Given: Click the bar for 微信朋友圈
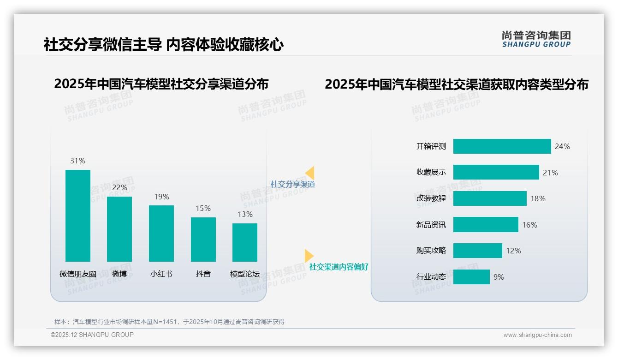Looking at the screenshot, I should click(78, 216).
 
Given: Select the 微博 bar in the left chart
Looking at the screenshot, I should click(119, 229).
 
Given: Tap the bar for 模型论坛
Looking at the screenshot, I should click(245, 242).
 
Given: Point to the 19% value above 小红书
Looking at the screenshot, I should click(161, 197).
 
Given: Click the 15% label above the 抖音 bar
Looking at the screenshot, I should click(203, 208).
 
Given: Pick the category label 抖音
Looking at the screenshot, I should click(203, 274).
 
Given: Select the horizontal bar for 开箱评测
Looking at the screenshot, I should click(502, 146).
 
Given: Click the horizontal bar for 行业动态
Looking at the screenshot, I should click(471, 277).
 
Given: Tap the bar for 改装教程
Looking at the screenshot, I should click(490, 198).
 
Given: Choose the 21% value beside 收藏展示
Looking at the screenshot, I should click(550, 173).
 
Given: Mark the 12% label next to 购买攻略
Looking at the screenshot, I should click(513, 251).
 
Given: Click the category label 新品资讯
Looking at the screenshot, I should click(431, 225).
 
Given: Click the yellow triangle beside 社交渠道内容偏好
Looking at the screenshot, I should click(309, 256).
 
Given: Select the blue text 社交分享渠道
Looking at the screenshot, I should click(292, 184).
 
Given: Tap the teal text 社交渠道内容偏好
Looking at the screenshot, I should click(339, 267).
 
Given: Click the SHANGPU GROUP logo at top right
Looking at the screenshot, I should click(536, 39).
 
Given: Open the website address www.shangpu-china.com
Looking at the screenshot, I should click(537, 335).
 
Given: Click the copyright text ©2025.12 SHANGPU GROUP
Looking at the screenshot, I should click(92, 335).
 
